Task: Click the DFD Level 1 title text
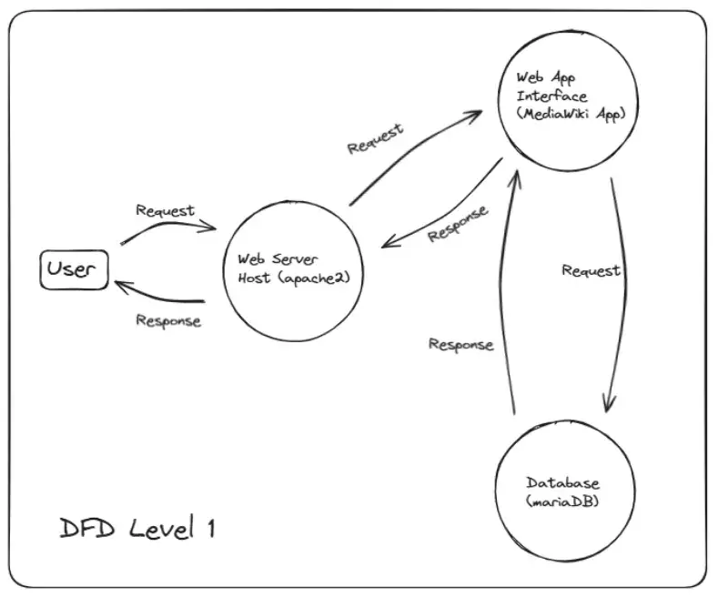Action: [137, 529]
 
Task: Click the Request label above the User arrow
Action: [165, 210]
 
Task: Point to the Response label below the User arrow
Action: [167, 320]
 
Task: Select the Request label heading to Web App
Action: [375, 137]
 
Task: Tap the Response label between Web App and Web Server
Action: [458, 223]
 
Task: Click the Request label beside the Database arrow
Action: [591, 270]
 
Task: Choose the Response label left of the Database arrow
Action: [460, 345]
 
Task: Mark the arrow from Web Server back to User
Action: [159, 297]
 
